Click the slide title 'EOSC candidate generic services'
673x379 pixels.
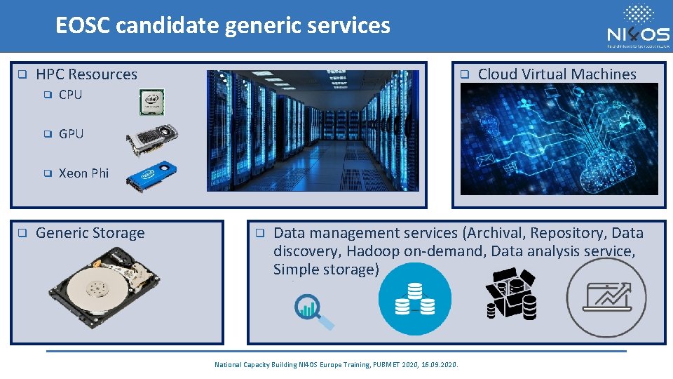[222, 26]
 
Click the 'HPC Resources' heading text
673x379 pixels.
[86, 74]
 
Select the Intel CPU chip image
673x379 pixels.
[151, 102]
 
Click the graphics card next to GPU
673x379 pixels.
[152, 140]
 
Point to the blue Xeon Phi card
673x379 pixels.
[151, 175]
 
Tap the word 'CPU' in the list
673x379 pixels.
[70, 95]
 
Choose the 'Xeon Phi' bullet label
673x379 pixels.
[83, 173]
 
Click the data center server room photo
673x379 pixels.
[312, 131]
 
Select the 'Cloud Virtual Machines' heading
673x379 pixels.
[557, 74]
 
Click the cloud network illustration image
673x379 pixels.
[559, 139]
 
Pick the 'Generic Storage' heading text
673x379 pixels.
[90, 233]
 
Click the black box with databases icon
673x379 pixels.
[510, 293]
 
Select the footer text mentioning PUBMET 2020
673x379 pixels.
[336, 365]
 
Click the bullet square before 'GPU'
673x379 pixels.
[48, 133]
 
